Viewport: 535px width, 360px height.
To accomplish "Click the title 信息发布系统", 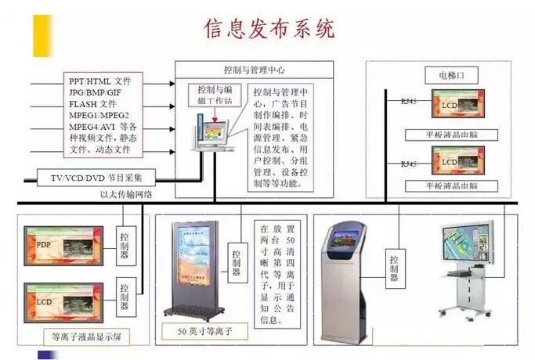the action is [269, 29].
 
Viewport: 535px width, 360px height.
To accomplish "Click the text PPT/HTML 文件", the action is [100, 80].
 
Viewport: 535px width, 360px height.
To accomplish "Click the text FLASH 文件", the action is [92, 103].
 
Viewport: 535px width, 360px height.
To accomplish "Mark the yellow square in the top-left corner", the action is [42, 34].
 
